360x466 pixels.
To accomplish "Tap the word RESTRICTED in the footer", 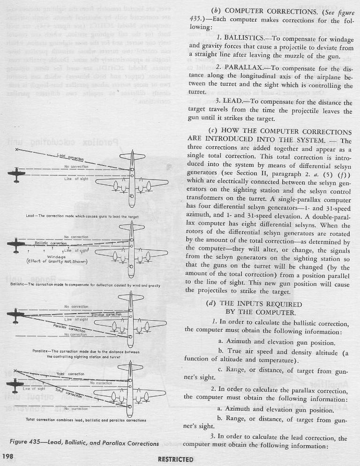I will [176, 459].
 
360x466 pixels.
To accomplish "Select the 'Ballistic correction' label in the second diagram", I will [52, 244].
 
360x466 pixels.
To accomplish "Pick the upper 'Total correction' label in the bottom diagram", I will [70, 374].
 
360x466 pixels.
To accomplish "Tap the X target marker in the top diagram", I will [17, 150].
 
